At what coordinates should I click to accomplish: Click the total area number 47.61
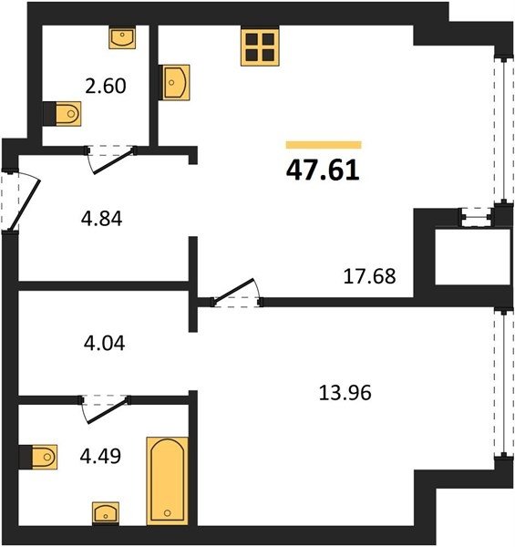[323, 171]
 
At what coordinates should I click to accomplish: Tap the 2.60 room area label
[106, 86]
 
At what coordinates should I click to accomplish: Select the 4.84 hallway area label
[101, 219]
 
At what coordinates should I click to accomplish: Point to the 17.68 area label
[369, 276]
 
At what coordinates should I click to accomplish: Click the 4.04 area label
[104, 343]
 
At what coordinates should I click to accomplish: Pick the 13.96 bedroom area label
[345, 393]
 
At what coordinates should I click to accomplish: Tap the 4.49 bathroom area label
[100, 456]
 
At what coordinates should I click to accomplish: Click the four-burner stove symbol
[260, 47]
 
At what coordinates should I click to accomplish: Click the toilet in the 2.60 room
[63, 114]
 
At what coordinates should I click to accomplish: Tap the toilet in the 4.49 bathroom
[38, 457]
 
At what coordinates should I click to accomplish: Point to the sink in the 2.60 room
[122, 37]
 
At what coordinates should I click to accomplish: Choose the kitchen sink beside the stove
[174, 82]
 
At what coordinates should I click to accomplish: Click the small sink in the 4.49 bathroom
[106, 513]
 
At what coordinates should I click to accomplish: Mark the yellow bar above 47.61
[324, 145]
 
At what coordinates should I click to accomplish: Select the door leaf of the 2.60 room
[114, 160]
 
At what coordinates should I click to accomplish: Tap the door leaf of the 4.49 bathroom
[108, 411]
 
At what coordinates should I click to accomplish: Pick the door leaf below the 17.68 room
[233, 290]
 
